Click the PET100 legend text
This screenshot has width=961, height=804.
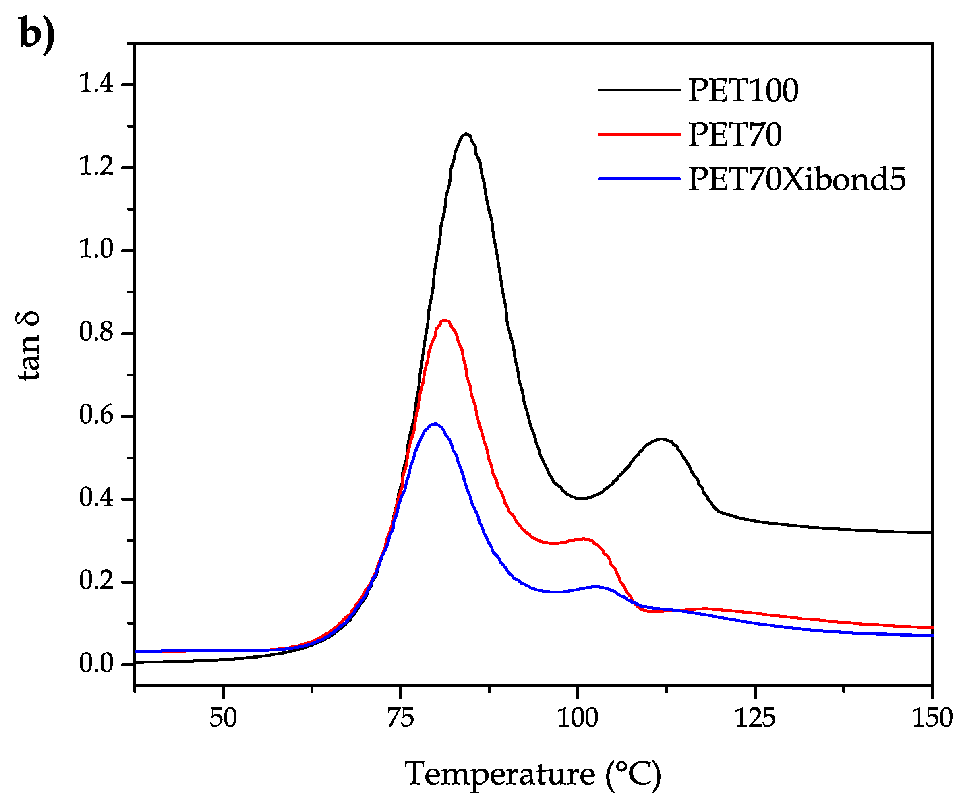coord(743,91)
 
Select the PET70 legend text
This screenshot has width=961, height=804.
coord(735,135)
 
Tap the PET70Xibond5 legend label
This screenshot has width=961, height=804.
coord(796,179)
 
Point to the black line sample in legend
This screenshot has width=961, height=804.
coord(639,90)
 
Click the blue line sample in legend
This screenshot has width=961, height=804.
coord(639,178)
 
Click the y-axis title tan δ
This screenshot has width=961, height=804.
coord(28,346)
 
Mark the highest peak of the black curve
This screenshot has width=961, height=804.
coord(466,134)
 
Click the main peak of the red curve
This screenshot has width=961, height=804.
coord(444,320)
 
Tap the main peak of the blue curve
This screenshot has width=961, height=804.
coord(435,424)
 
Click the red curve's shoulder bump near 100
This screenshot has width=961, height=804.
coord(584,539)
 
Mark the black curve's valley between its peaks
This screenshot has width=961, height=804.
coord(581,498)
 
